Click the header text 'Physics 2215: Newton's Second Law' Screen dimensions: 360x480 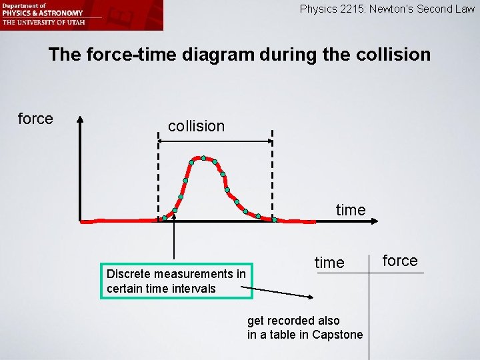[x=387, y=9]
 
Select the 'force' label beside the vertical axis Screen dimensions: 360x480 [x=35, y=119]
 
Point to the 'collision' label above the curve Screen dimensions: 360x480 [x=196, y=126]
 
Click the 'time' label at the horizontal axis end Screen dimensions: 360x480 [x=351, y=210]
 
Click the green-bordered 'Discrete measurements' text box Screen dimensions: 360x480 [x=176, y=281]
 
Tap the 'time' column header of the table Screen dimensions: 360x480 [x=329, y=263]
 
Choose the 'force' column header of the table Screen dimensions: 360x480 [x=400, y=261]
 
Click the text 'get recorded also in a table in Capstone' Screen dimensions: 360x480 [x=305, y=327]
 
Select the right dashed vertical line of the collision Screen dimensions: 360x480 [x=273, y=173]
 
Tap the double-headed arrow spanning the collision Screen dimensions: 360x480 [x=215, y=141]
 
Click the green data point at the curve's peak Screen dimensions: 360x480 [x=203, y=158]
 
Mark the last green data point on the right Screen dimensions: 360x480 [x=274, y=219]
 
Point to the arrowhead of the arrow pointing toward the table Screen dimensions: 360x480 [x=311, y=297]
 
